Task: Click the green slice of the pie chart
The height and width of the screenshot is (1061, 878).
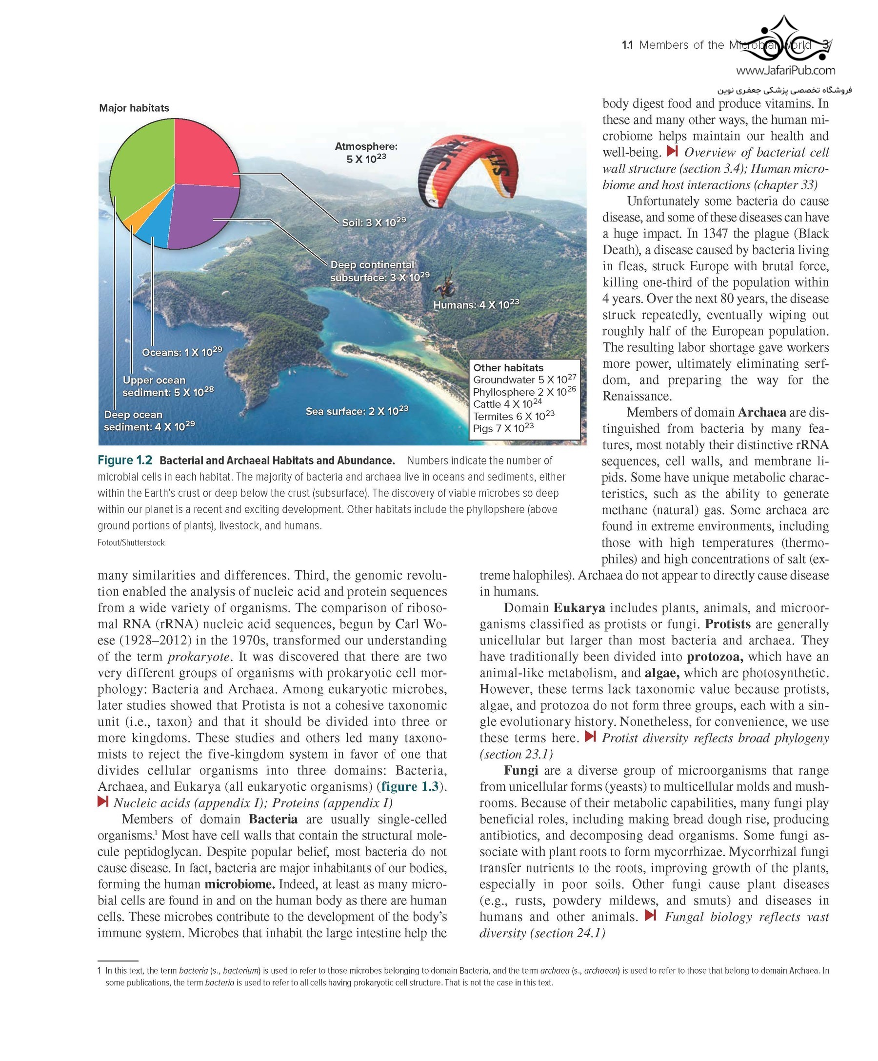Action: coord(139,167)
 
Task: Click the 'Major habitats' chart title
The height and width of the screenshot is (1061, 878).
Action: coord(134,108)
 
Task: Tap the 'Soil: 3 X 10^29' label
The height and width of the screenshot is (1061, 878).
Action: coord(374,222)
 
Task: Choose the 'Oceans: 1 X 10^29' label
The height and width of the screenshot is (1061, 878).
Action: coord(182,352)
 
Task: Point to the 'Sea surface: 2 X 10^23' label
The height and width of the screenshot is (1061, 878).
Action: coord(357,411)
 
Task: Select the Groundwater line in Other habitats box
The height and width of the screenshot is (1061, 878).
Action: coord(524,380)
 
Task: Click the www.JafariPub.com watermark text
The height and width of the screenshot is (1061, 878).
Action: coord(785,70)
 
